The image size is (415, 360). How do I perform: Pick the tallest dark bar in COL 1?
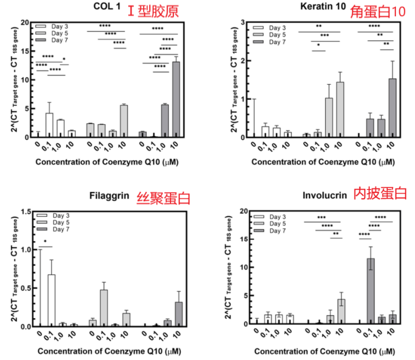pyautogui.click(x=176, y=99)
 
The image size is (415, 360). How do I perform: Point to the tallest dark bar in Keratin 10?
pyautogui.click(x=392, y=108)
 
